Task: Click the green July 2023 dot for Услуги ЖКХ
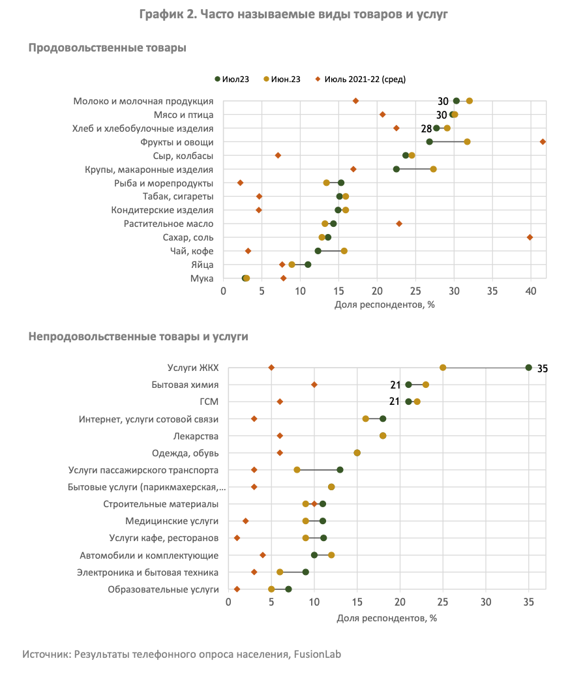(528, 368)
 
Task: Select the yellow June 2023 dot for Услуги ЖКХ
(443, 368)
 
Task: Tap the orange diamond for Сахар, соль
(530, 237)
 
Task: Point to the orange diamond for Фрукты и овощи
(543, 142)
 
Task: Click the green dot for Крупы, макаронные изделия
(396, 169)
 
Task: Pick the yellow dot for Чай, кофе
(344, 251)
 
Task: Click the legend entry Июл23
(232, 79)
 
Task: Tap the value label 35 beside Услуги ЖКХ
(543, 368)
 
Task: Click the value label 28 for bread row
(427, 129)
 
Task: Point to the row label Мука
(202, 278)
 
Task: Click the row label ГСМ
(209, 402)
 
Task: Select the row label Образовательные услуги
(164, 589)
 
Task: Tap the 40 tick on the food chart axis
(531, 291)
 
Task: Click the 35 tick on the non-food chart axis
(528, 602)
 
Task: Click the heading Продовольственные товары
(107, 48)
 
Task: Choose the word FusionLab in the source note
(318, 655)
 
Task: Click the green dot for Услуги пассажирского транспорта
(340, 470)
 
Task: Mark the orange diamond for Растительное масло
(399, 224)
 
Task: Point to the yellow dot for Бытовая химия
(426, 385)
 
